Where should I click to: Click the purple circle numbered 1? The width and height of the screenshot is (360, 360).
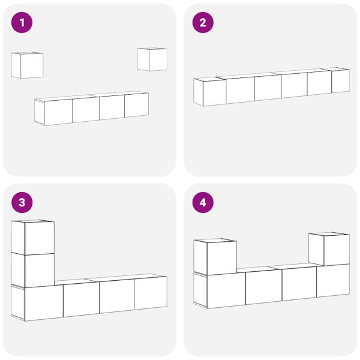tap(22, 23)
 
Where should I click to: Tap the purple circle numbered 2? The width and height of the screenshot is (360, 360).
tap(203, 23)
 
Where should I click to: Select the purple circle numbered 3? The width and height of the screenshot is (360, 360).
tap(22, 203)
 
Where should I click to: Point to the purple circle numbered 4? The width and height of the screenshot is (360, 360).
tap(203, 203)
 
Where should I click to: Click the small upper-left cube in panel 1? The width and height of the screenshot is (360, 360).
tap(27, 65)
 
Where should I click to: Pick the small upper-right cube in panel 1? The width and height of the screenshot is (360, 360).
tap(152, 59)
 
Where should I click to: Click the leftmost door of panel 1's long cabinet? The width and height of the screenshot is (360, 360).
tap(59, 112)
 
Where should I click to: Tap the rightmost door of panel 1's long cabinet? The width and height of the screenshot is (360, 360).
tap(136, 105)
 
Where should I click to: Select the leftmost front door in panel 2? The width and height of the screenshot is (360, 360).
tap(215, 92)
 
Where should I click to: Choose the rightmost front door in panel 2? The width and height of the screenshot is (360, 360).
tap(340, 81)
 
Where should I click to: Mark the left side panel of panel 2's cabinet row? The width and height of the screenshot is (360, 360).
tap(199, 92)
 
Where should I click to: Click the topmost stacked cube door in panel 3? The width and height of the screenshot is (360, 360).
tap(40, 238)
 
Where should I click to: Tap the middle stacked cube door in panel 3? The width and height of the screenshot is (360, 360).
tap(40, 270)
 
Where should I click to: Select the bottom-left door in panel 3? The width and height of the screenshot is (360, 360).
tap(44, 303)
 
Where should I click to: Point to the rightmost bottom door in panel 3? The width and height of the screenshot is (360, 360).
tap(151, 293)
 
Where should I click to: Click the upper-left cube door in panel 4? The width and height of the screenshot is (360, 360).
tap(222, 258)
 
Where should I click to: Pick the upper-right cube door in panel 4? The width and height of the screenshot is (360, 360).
tap(337, 250)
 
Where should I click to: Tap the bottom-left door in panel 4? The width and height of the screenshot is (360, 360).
tap(226, 290)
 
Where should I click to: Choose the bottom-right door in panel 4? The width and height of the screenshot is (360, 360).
tap(333, 281)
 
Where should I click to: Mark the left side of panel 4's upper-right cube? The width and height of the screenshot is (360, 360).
tap(316, 250)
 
